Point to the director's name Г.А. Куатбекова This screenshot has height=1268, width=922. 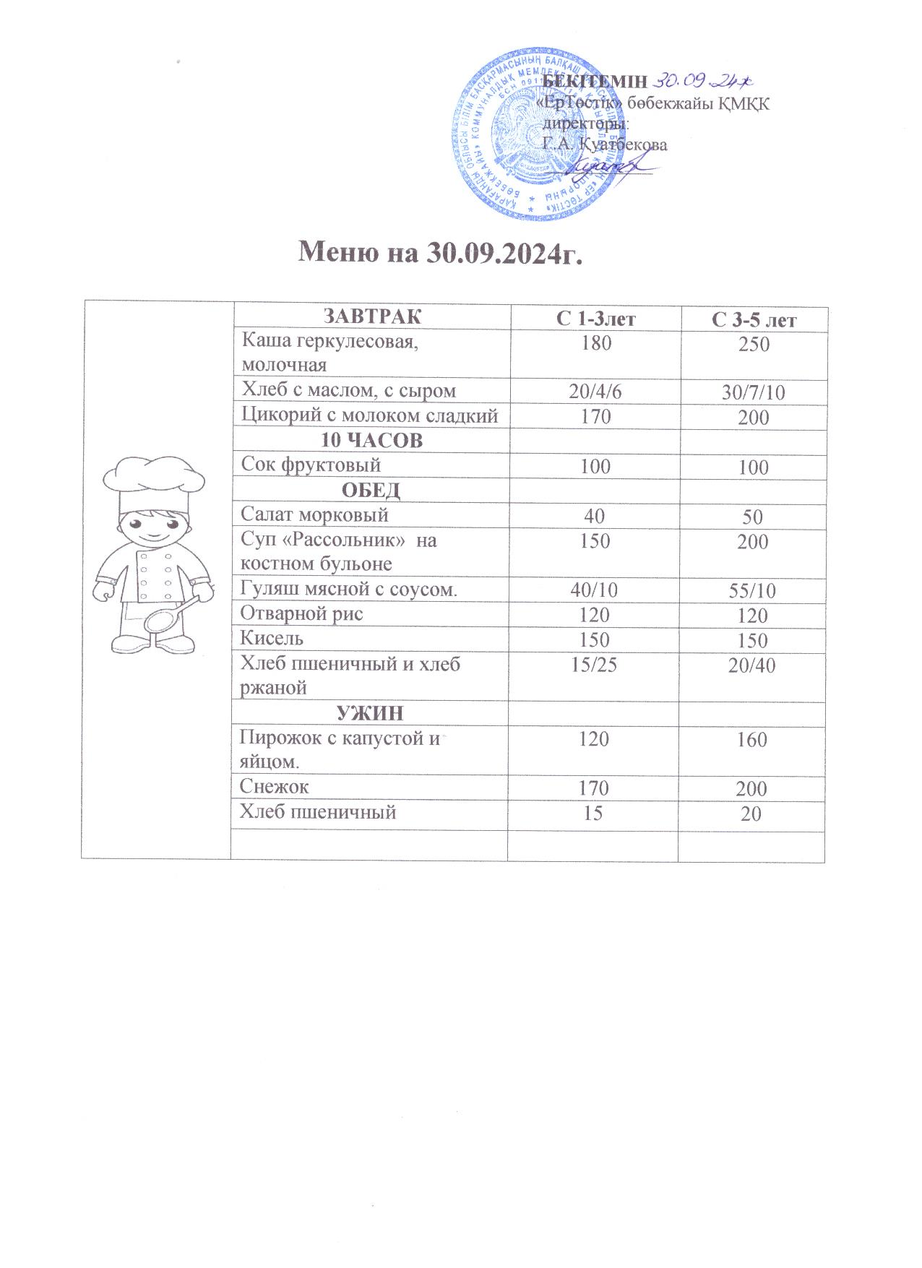[x=605, y=144]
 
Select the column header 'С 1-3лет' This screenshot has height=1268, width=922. [x=595, y=319]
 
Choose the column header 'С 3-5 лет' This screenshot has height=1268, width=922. [x=753, y=319]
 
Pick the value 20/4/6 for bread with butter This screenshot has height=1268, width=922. [x=595, y=392]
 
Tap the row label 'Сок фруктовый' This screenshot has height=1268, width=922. [x=311, y=465]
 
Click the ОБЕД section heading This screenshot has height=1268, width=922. [x=370, y=491]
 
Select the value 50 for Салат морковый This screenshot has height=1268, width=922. [x=752, y=517]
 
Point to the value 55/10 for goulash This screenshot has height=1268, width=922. [x=752, y=591]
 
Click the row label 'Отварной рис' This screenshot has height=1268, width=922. [x=301, y=614]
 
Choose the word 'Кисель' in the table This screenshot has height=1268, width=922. [x=272, y=639]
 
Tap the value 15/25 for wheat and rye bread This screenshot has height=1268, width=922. [x=594, y=665]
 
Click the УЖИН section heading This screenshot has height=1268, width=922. [x=370, y=714]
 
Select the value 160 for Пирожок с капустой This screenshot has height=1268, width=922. [x=752, y=740]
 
